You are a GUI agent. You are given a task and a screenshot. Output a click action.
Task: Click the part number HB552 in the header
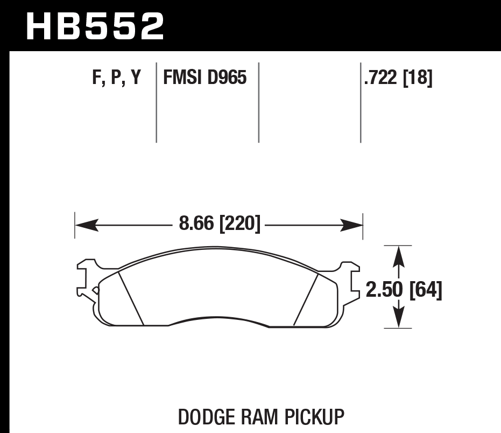[x=95, y=26]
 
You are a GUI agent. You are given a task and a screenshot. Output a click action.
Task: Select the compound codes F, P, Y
[x=116, y=79]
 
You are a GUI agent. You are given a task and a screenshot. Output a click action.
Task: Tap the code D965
[x=227, y=79]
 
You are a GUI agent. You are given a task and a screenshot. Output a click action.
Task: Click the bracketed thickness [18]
[x=417, y=79]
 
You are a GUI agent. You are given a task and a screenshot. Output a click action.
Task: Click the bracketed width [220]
[x=240, y=223]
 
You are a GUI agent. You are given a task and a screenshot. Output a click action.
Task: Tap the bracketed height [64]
[x=426, y=290]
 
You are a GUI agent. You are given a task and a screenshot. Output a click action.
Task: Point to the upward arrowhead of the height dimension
[x=398, y=255]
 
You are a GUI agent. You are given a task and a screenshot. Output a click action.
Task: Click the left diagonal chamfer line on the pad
[x=131, y=298]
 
